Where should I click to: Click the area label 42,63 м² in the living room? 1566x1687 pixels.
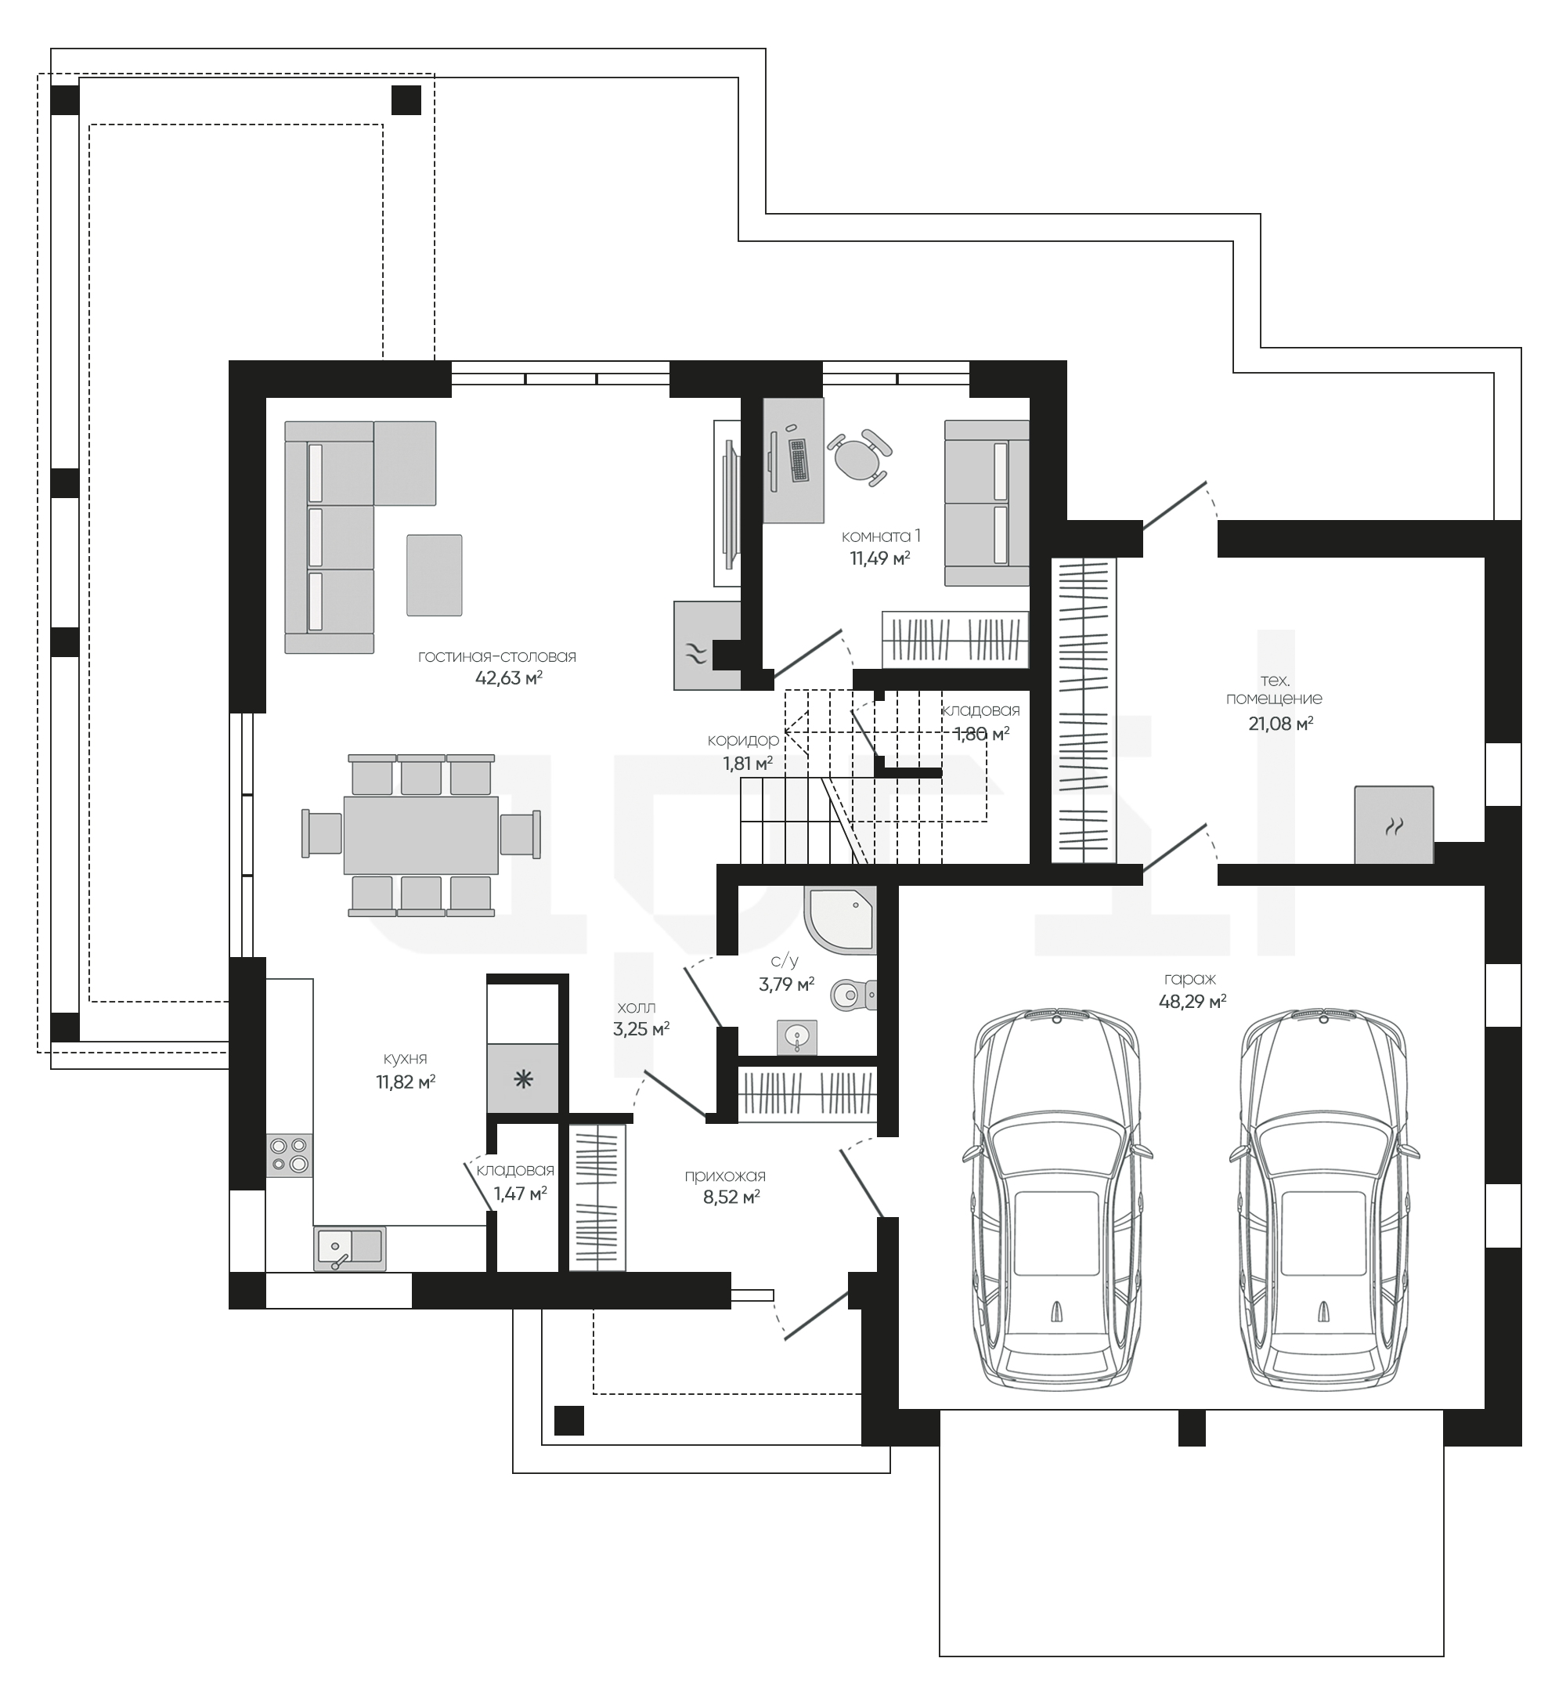pos(508,678)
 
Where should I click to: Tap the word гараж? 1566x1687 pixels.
pos(1192,979)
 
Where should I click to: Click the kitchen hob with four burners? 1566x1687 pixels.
pos(290,1156)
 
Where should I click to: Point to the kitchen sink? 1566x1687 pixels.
pos(349,1248)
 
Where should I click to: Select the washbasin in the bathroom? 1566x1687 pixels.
pos(796,1037)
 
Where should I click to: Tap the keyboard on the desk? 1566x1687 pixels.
pos(798,461)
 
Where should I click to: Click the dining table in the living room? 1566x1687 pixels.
pos(420,834)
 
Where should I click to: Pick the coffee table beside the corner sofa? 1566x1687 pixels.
pos(434,575)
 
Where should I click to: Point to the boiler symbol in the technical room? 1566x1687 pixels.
pos(1394,825)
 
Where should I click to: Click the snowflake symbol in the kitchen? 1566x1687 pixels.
pos(524,1079)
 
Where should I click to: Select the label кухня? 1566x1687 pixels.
pos(405,1059)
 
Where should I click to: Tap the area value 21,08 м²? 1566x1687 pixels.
pos(1280,723)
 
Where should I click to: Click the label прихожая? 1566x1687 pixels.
pos(725,1176)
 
